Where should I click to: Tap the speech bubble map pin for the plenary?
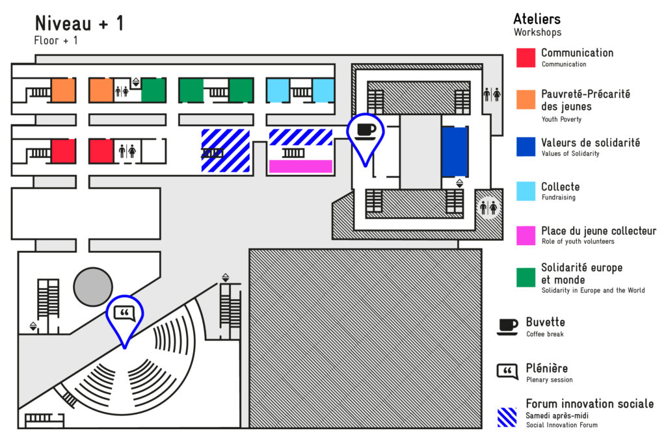[x=125, y=315]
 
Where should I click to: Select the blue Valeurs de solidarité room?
[x=455, y=152]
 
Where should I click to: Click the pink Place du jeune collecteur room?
[x=300, y=166]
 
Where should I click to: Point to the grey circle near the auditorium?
[x=92, y=287]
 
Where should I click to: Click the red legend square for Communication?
[x=526, y=57]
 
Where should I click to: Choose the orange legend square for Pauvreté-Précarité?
[x=526, y=99]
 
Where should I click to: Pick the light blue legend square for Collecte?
[x=526, y=190]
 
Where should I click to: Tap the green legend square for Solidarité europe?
[x=526, y=278]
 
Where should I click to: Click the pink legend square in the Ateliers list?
[x=526, y=235]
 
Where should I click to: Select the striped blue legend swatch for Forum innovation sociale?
[x=507, y=417]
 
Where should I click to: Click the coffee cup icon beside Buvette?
[x=507, y=326]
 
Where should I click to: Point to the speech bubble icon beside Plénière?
[x=507, y=371]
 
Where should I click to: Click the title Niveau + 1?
[x=79, y=23]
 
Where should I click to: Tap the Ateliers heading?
[x=537, y=19]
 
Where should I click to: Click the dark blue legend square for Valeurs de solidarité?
[x=526, y=147]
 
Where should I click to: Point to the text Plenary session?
[x=549, y=380]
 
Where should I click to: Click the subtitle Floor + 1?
[x=56, y=40]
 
